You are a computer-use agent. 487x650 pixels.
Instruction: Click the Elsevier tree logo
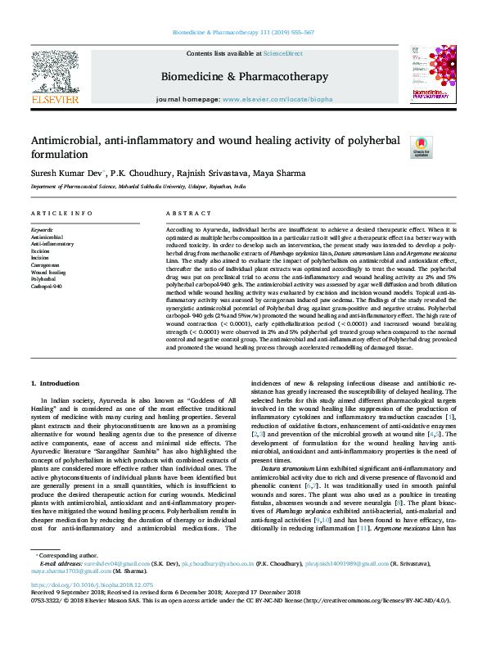click(x=54, y=71)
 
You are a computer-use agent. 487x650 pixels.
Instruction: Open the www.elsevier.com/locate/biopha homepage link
click(x=277, y=98)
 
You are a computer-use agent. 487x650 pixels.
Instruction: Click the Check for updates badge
click(x=421, y=147)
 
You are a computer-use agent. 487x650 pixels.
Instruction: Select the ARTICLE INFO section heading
click(x=61, y=213)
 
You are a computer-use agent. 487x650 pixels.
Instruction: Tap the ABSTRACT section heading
click(x=183, y=213)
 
